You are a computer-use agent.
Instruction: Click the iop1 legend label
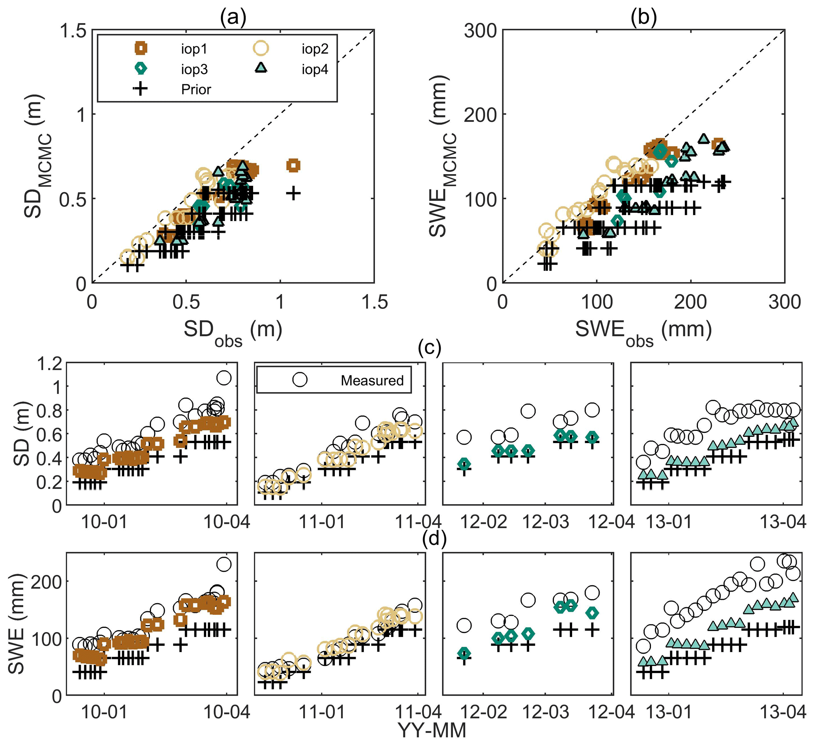(194, 49)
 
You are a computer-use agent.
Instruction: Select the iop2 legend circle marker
(261, 48)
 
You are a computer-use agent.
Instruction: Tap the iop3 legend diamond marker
(140, 69)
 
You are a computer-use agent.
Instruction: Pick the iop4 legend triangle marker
(261, 67)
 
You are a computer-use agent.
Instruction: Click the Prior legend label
(196, 89)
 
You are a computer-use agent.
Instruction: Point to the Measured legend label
(372, 380)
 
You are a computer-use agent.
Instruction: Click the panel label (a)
(233, 17)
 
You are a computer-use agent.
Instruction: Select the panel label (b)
(643, 17)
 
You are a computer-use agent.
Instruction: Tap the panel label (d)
(434, 538)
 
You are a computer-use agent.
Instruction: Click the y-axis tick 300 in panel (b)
(480, 31)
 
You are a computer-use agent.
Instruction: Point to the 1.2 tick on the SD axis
(49, 364)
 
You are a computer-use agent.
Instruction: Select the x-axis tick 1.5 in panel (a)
(375, 302)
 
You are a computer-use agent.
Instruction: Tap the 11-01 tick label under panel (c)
(322, 521)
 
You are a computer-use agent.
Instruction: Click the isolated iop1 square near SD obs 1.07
(293, 165)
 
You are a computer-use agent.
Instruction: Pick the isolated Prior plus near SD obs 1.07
(293, 193)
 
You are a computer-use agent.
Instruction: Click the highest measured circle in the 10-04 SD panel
(224, 378)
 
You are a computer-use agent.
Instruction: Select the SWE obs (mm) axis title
(643, 330)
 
